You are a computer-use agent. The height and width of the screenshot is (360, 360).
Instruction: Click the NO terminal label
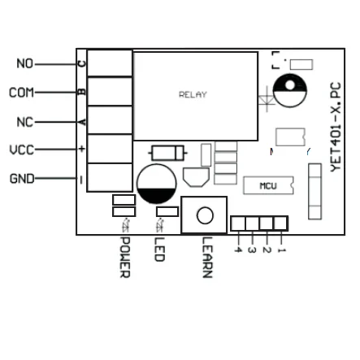25,63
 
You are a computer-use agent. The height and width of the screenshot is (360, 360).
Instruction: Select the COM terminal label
21,93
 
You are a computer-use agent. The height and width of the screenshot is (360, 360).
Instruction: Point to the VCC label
21,150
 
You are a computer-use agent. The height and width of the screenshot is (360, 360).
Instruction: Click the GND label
22,179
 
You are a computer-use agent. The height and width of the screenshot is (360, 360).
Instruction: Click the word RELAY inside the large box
193,95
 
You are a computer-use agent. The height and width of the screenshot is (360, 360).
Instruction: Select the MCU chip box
268,186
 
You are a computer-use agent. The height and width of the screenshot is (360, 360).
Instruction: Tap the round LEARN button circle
204,215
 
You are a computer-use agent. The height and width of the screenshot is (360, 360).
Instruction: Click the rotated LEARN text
206,259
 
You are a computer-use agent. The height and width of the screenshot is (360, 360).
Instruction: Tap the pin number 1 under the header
281,249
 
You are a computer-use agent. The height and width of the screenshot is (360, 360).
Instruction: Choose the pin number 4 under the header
237,249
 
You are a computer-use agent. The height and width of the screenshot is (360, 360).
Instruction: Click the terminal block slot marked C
110,63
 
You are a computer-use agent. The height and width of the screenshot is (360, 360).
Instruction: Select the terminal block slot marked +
110,150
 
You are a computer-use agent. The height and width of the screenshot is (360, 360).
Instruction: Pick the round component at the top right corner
290,91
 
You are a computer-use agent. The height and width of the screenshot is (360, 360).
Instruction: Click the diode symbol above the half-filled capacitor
169,152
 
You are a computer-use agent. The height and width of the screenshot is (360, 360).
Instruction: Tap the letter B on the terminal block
81,92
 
